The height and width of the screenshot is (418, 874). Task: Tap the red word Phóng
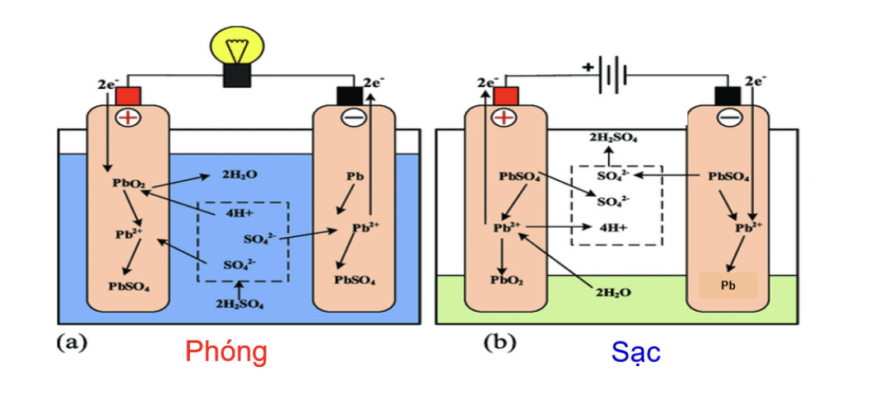coord(226,351)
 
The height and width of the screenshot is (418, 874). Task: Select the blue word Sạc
coord(635,352)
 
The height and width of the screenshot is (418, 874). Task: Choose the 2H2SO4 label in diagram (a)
coord(239,304)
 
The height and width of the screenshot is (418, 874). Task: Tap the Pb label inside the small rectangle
coord(728,286)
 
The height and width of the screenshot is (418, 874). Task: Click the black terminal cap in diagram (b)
coord(728,96)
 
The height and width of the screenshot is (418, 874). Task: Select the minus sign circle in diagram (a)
coord(352,118)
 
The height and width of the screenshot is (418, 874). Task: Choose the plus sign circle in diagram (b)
coord(504,118)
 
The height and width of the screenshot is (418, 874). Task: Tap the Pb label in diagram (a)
coord(356,176)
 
